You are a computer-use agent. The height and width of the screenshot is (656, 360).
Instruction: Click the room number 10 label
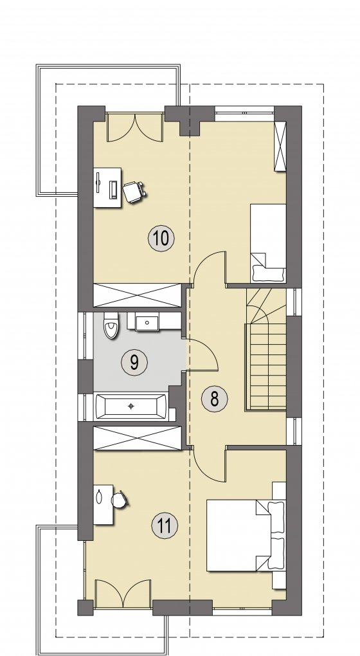(161, 239)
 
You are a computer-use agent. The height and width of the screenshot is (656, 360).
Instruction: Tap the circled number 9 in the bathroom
(134, 362)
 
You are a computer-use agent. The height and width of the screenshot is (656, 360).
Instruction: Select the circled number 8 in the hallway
(215, 399)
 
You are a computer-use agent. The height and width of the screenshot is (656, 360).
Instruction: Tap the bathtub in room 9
(132, 406)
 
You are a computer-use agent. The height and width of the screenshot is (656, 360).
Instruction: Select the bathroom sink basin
(147, 323)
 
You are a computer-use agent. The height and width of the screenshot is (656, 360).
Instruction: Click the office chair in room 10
(134, 192)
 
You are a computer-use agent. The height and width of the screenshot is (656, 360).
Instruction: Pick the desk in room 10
(107, 187)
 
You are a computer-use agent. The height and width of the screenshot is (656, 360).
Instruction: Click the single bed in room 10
(268, 243)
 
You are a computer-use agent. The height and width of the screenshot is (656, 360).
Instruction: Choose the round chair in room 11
(119, 499)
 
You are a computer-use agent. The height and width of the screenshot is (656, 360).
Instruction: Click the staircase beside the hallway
(266, 349)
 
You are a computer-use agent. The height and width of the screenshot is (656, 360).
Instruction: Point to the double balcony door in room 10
(135, 127)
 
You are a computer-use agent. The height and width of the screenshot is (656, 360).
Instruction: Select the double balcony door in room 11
(123, 593)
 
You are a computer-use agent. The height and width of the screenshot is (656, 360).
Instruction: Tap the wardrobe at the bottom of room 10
(137, 295)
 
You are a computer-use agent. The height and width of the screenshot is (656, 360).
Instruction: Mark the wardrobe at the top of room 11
(137, 438)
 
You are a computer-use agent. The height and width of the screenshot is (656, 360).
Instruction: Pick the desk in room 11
(104, 505)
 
